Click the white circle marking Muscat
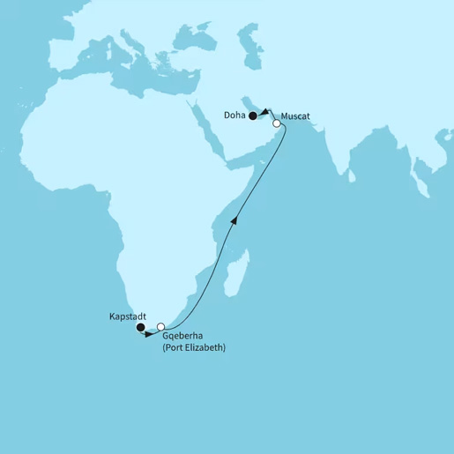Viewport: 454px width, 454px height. click(277, 124)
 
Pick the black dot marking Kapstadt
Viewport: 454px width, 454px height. click(140, 328)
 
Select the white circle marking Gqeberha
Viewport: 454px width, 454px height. click(160, 327)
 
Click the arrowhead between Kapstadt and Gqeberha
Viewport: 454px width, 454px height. click(150, 334)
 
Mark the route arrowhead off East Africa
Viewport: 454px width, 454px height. click(234, 218)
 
